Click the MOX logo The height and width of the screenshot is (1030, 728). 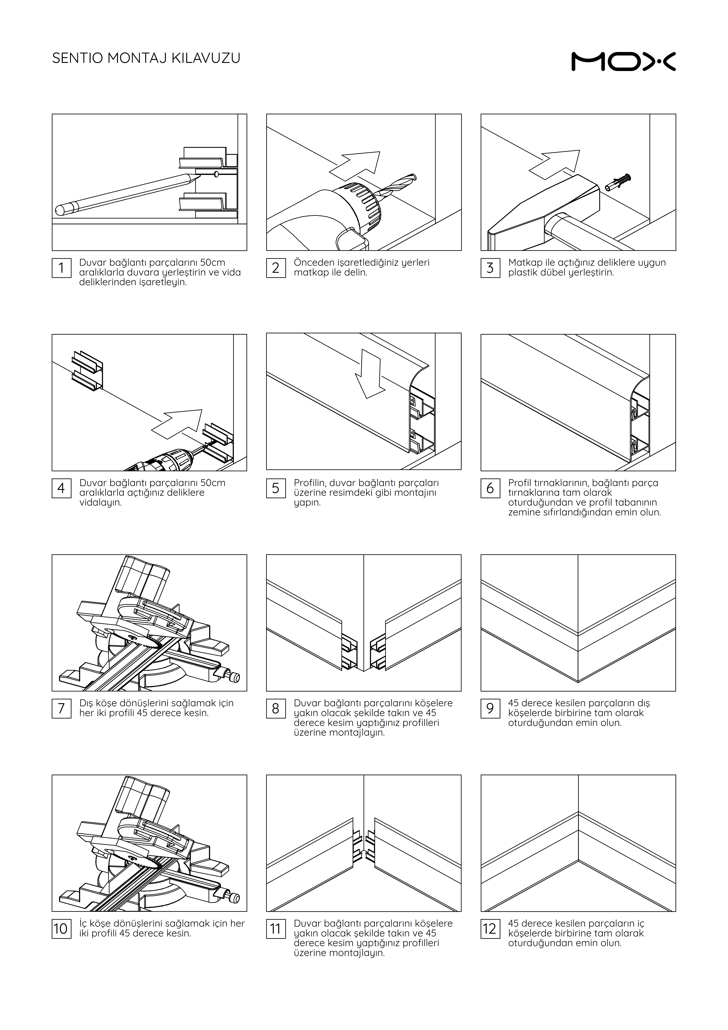pyautogui.click(x=623, y=62)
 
